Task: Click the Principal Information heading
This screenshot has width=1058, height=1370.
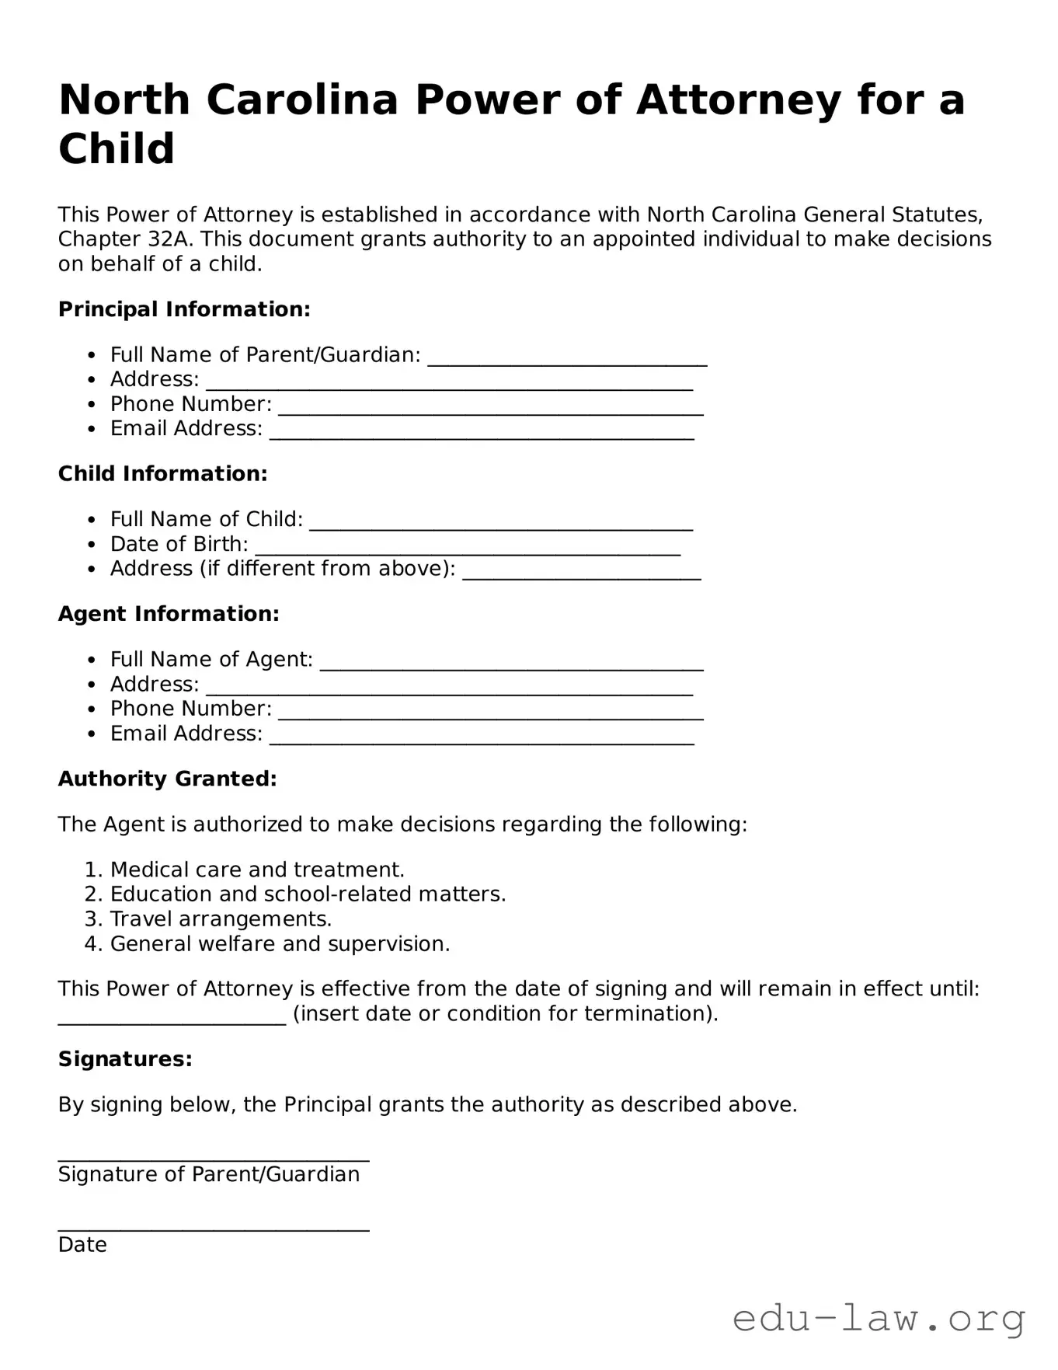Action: point(184,309)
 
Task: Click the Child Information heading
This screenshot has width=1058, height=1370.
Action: point(163,474)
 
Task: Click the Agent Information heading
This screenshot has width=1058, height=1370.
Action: point(169,614)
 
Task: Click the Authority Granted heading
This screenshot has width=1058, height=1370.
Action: point(168,779)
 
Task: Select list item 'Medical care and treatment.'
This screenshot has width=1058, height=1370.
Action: point(257,870)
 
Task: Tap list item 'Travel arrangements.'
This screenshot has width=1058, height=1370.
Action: point(221,919)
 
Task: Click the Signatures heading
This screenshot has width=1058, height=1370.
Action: point(125,1059)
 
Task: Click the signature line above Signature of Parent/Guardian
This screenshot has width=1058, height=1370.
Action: point(214,1157)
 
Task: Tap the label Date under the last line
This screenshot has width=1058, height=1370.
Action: point(82,1245)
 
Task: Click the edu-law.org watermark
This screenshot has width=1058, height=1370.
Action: point(879,1319)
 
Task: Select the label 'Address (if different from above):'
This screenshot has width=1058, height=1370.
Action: point(283,569)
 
